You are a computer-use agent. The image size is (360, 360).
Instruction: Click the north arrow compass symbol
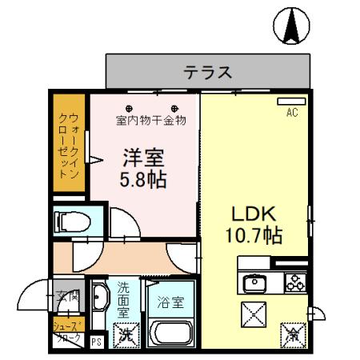pyautogui.click(x=291, y=26)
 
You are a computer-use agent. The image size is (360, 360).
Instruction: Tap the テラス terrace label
pyautogui.click(x=208, y=73)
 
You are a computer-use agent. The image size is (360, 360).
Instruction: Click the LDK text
pyautogui.click(x=254, y=214)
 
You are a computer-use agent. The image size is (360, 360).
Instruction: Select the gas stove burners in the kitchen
pyautogui.click(x=293, y=282)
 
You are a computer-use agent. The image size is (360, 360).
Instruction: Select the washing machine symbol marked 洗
pyautogui.click(x=126, y=334)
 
